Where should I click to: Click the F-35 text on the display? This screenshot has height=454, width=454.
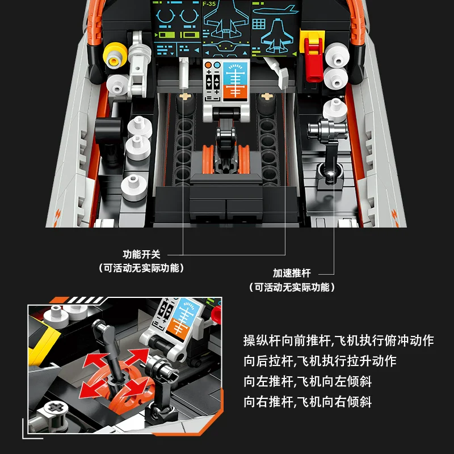[209, 4]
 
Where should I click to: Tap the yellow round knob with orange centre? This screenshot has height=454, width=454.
[115, 54]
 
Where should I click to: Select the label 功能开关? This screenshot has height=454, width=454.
[141, 254]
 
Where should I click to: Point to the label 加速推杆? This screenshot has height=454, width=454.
[292, 273]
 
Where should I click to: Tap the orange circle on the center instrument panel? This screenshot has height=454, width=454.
[208, 65]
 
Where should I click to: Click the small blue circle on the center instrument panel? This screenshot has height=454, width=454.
[217, 65]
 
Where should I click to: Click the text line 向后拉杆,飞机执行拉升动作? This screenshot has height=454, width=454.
[320, 361]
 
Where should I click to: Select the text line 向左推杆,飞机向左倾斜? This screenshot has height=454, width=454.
[308, 381]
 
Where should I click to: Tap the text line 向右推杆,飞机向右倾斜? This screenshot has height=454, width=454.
[308, 402]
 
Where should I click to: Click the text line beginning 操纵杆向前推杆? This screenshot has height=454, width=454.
[338, 340]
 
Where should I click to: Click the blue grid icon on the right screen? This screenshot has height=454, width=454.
[259, 24]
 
